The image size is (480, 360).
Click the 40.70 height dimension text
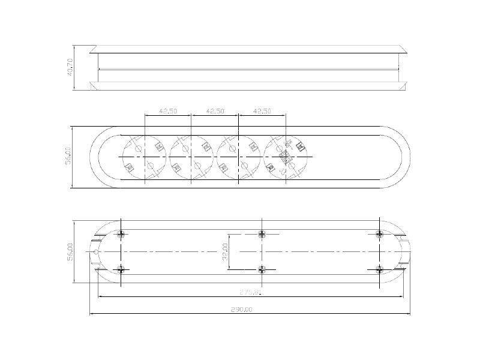tap(70, 67)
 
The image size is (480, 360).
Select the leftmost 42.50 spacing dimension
tap(167, 111)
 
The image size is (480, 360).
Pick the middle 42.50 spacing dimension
tap(215, 111)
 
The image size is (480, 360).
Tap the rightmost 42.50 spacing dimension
tap(262, 111)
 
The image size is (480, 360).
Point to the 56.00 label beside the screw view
tap(70, 251)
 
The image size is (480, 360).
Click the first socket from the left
tap(145, 157)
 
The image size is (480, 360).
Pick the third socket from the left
tap(239, 157)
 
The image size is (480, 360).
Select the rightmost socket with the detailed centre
tap(286, 157)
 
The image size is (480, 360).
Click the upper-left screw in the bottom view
tap(122, 233)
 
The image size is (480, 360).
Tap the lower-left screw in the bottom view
tap(122, 269)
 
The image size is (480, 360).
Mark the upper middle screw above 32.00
tap(262, 233)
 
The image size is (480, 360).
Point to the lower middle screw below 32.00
tap(262, 269)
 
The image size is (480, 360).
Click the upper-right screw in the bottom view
tap(379, 233)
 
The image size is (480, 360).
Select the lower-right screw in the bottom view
tap(379, 269)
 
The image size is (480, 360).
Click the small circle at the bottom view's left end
tap(96, 252)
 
